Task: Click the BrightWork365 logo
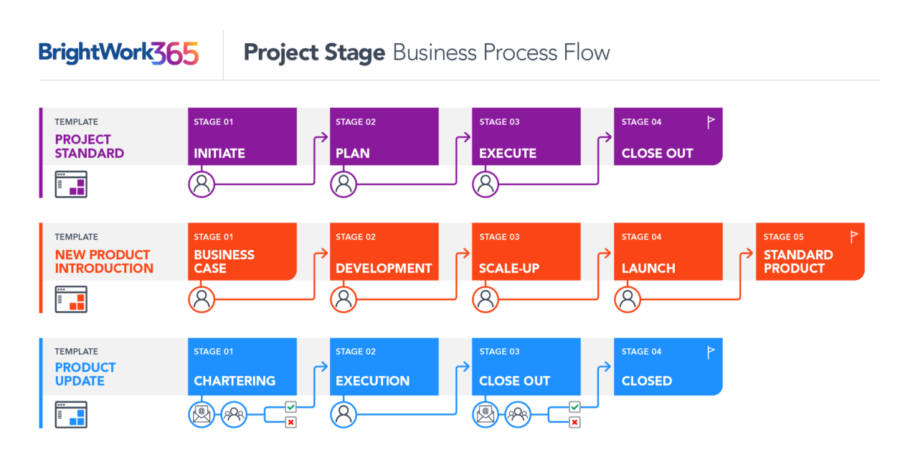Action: point(118,53)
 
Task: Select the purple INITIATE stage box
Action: point(242,136)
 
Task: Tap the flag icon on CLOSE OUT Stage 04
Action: point(711,122)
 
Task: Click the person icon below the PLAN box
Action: point(344,185)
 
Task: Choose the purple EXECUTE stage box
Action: point(526,136)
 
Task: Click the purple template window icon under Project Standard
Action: point(71,185)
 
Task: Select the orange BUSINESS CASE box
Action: point(242,251)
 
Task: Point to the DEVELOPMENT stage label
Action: point(384,269)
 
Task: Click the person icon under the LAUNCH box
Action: point(628,299)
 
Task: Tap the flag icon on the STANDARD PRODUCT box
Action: point(853,237)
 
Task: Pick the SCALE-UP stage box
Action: point(526,251)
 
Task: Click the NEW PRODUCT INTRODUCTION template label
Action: point(104,261)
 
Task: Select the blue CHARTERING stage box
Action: point(242,366)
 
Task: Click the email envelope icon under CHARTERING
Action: point(202,414)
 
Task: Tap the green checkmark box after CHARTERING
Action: point(290,407)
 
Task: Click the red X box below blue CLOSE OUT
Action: point(574,422)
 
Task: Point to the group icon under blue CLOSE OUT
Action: point(518,414)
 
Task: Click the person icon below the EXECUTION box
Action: point(344,414)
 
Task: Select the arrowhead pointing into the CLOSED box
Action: point(607,366)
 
